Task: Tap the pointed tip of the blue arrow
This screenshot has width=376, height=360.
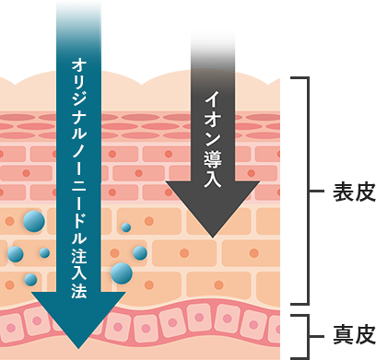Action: point(80,355)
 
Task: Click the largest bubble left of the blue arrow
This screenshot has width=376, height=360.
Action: point(34,221)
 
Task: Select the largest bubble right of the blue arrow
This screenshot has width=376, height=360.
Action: point(121,271)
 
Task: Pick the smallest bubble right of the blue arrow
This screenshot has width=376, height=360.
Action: point(126,226)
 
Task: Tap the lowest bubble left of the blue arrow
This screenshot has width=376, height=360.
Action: point(30,279)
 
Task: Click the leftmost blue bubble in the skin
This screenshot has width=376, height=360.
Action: point(15,253)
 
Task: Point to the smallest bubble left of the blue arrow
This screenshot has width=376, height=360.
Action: point(44,251)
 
